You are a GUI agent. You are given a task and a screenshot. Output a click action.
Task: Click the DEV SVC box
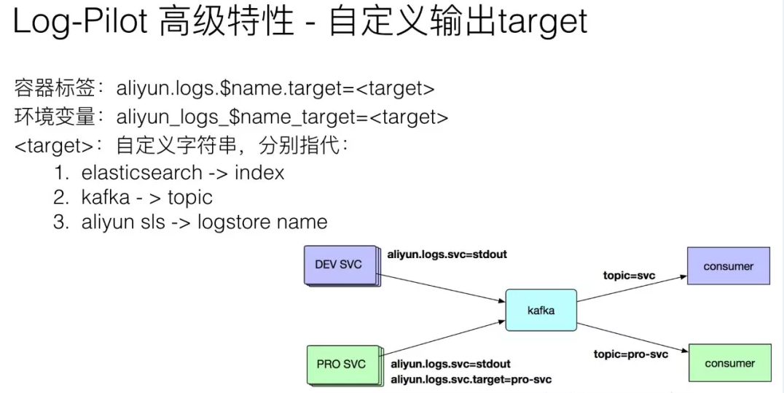[338, 264]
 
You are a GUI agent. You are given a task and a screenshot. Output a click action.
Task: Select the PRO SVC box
[341, 363]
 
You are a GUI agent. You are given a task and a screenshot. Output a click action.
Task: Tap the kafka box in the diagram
[541, 310]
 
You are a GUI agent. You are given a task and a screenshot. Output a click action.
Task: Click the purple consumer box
[728, 266]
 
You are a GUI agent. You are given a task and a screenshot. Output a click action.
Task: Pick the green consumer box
[729, 363]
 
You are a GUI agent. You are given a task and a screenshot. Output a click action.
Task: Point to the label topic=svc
[629, 276]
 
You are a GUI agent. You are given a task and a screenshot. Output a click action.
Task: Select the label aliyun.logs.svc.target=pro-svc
[471, 379]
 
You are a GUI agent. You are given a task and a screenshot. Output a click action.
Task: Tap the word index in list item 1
[259, 173]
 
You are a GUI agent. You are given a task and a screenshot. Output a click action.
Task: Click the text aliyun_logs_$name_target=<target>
[281, 117]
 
